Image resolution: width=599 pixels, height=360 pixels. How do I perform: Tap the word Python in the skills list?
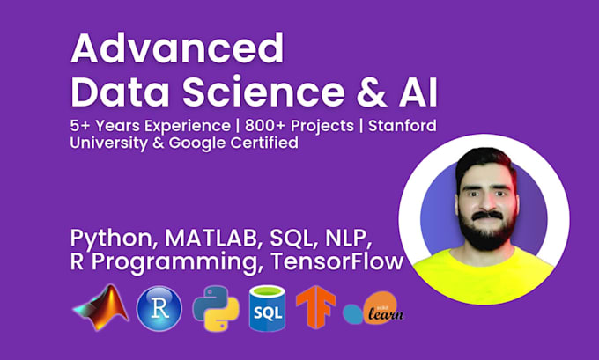point(108,239)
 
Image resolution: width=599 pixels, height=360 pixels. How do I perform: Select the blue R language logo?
point(159,308)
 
